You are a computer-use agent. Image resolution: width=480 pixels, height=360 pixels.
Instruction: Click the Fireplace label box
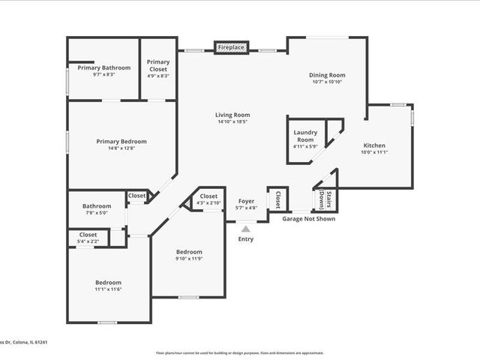click(x=231, y=47)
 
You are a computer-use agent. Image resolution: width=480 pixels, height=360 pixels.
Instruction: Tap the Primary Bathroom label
click(x=103, y=67)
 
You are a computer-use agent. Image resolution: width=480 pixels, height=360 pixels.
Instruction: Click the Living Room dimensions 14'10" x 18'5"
click(x=232, y=121)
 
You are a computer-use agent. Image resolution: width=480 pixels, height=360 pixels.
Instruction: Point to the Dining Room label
click(x=327, y=75)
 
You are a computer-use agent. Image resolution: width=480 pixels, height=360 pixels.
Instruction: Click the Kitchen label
click(x=374, y=145)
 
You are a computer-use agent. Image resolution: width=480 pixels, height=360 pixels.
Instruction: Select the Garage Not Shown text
click(x=308, y=219)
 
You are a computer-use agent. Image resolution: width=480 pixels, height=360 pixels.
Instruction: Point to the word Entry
click(x=245, y=239)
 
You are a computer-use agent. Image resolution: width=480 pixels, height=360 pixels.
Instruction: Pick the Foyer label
click(x=246, y=201)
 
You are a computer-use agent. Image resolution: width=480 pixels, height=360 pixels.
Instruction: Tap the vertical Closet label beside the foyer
click(x=277, y=199)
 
